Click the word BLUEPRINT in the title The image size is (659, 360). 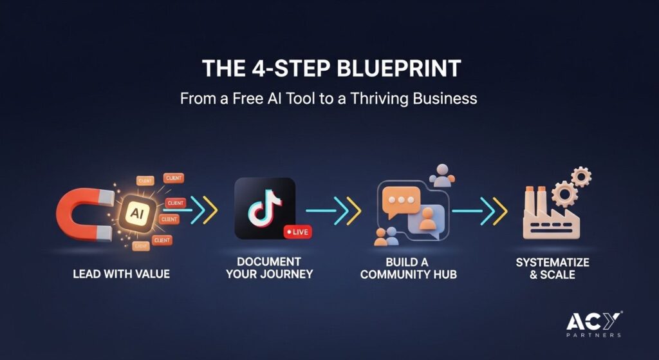pos(398,68)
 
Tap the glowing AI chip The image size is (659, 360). pos(137,213)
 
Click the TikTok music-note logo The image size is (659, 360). pos(264,208)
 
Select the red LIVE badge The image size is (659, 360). pos(298,232)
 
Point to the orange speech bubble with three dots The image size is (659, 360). pos(401,201)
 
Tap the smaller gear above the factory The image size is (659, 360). pos(581,177)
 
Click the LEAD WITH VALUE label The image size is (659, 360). pos(121,274)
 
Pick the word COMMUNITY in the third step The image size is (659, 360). pos(395,274)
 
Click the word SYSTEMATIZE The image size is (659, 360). pos(552,262)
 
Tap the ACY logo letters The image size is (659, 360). pos(593,321)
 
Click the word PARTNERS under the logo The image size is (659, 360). pos(593,335)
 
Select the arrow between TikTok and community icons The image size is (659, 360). pos(333,211)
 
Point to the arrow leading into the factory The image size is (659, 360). pos(479,211)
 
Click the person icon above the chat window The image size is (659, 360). pos(441,175)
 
